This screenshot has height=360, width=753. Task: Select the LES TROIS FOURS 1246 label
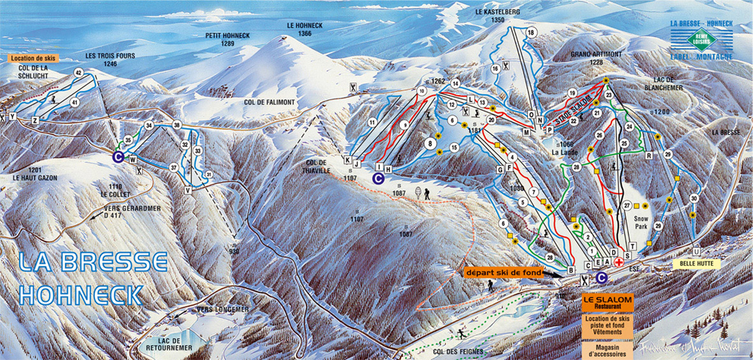100,59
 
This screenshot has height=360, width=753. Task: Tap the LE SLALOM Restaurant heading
607,304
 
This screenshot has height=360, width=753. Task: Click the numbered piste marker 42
78,72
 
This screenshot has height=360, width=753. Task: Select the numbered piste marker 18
531,32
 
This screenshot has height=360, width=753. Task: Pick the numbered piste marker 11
371,121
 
